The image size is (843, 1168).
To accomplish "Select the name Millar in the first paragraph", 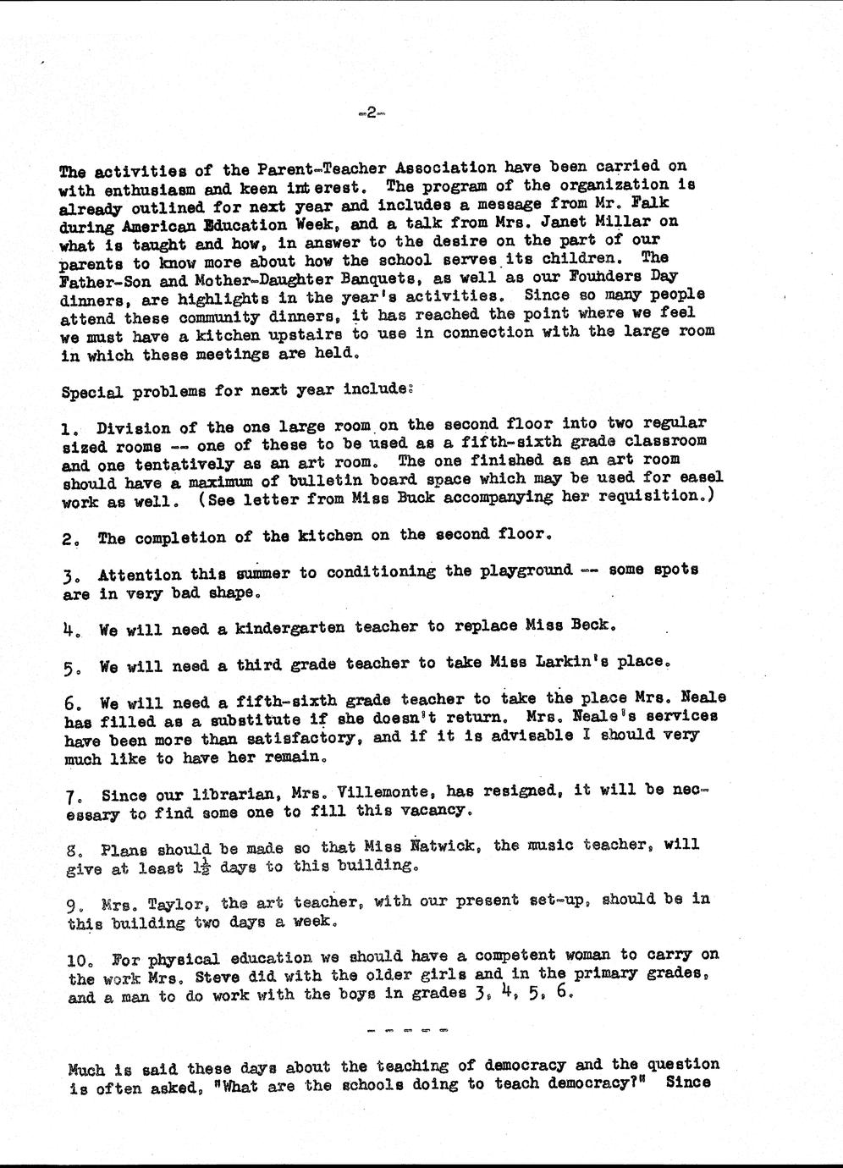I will tap(630, 222).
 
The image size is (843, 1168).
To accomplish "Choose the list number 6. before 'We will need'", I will tap(73, 702).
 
